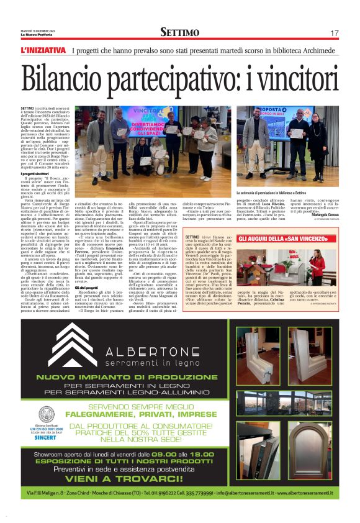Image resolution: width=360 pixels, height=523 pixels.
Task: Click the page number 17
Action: pyautogui.click(x=335, y=32)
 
